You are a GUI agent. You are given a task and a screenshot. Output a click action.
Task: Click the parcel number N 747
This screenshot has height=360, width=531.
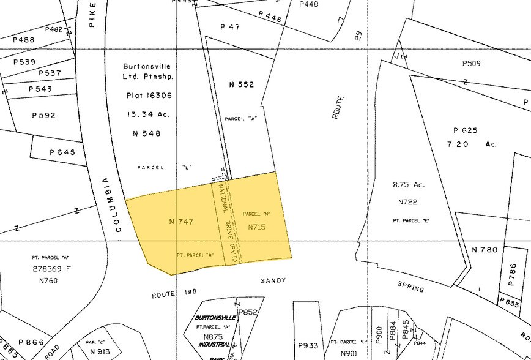pos(181,222)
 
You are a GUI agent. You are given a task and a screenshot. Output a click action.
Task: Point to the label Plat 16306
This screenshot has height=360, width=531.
pos(149,96)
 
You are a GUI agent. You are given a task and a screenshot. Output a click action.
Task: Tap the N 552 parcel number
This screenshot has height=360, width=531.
pos(241,84)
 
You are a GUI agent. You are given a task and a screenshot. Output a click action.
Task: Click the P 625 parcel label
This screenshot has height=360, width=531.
pos(466,130)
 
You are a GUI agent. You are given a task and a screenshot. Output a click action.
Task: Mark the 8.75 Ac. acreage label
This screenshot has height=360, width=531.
pos(409,184)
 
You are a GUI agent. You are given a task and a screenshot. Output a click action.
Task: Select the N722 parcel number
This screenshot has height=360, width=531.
pos(407,202)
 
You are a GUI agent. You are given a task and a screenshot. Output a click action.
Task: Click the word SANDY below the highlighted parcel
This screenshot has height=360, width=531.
pos(273,280)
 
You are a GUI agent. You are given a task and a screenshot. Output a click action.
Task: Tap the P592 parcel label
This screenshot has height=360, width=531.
pos(44,115)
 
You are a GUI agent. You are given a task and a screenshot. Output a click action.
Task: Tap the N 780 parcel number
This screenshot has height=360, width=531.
pos(485,250)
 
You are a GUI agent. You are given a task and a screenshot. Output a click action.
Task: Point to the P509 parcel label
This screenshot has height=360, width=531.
pos(472,63)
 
